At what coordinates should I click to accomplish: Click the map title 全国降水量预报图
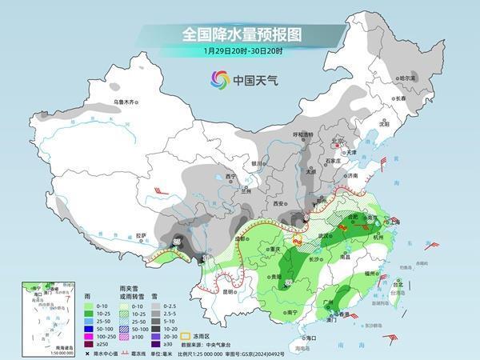240,34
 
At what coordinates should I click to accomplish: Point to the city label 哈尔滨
408,78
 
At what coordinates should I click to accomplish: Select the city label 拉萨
142,235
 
